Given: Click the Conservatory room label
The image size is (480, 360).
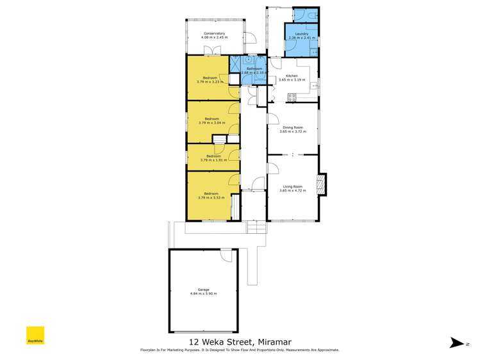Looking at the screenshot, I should coord(214,33).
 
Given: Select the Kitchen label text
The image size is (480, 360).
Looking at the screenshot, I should coord(292,77).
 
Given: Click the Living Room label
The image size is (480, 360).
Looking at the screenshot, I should coord(292,186).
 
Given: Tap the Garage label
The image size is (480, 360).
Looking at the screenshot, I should coord(203,290).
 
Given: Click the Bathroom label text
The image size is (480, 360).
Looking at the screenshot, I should coord(254,69).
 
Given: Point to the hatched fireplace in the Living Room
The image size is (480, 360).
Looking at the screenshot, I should coord(322,184).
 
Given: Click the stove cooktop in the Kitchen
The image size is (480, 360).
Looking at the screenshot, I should coord(292,97).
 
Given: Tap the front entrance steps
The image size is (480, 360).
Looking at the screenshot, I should coord(256,227).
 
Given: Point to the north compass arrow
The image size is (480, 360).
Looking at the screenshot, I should coord(456,343).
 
